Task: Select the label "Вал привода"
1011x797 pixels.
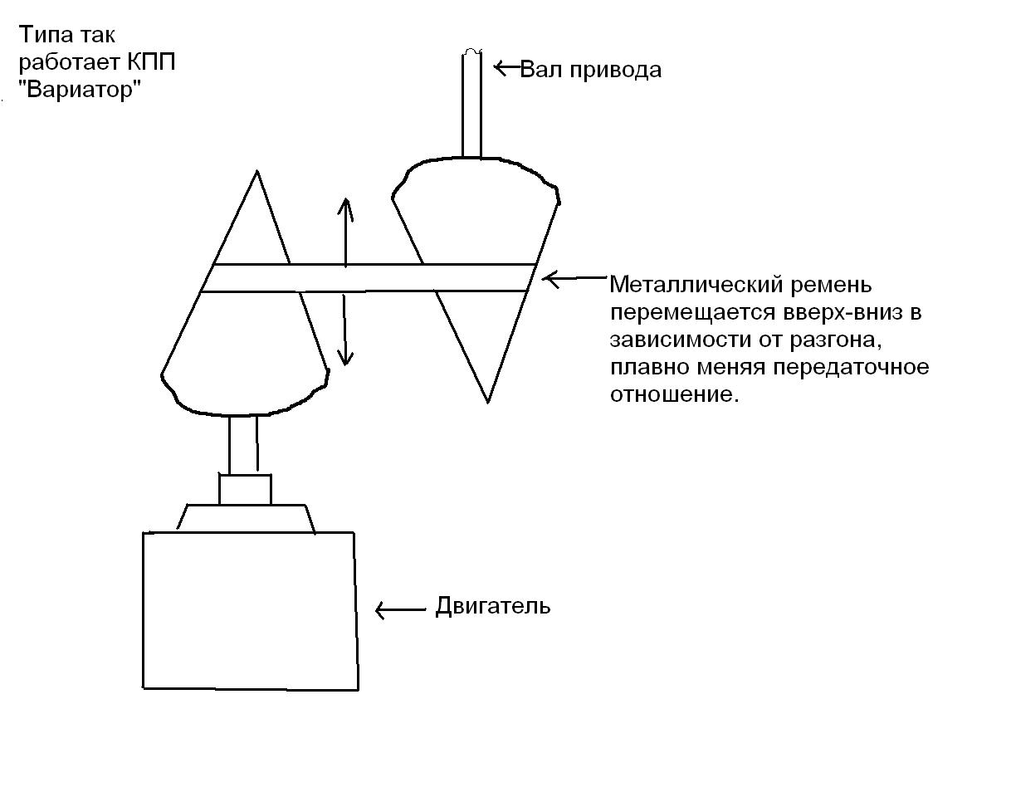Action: [x=591, y=70]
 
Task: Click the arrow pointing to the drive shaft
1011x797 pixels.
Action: [x=507, y=68]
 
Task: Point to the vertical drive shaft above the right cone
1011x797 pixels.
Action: [x=471, y=104]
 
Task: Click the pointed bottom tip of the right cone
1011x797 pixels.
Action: [x=488, y=403]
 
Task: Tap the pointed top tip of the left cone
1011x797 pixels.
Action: [x=256, y=171]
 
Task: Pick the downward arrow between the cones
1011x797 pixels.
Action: [x=344, y=330]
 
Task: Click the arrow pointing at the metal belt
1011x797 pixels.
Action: [x=574, y=278]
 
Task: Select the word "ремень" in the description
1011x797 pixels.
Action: [x=832, y=286]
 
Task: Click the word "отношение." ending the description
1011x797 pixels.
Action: [x=675, y=394]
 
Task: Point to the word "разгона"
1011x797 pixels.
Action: [x=835, y=340]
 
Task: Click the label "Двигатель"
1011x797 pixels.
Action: [x=493, y=606]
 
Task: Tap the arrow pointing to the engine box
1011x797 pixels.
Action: [x=401, y=610]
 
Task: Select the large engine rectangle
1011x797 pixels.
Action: [x=251, y=611]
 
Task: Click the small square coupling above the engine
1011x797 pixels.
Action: [x=245, y=490]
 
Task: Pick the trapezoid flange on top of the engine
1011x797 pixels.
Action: [x=247, y=519]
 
